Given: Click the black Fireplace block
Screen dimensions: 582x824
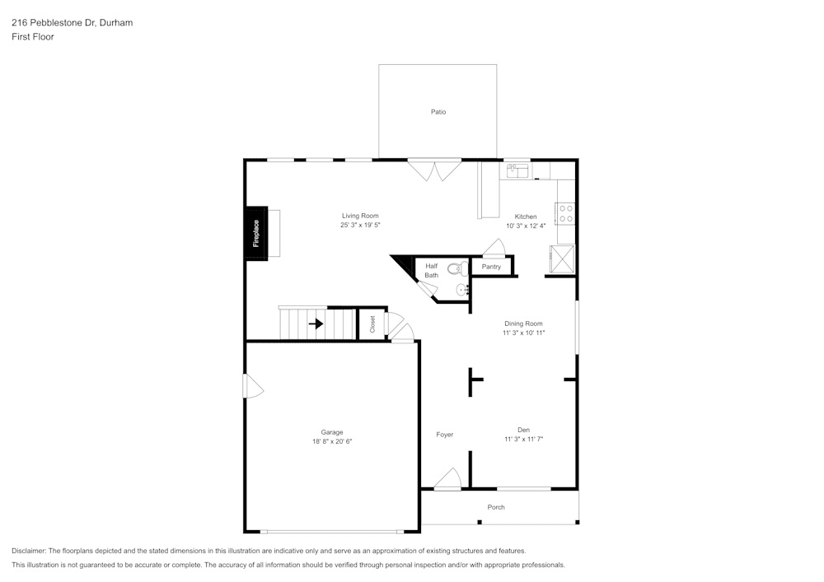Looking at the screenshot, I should coord(255,233).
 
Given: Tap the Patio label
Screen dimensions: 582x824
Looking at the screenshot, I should coord(438,112).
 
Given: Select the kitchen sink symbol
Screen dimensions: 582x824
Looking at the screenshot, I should coord(517,170).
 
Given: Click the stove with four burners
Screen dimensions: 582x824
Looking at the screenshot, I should coord(566,213).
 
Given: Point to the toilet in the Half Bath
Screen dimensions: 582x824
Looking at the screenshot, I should coord(456,268).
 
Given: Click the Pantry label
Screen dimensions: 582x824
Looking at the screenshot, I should coord(491,267).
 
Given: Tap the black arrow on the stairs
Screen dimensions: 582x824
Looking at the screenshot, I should coord(316,324).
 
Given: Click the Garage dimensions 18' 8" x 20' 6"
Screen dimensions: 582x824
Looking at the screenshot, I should coord(332,442).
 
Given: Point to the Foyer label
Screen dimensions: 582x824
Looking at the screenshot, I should coord(445,435).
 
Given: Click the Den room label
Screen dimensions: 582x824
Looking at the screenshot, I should coord(523,429).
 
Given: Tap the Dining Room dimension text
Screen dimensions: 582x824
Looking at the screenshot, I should coord(524,333).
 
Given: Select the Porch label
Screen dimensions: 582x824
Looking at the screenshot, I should coord(496,507).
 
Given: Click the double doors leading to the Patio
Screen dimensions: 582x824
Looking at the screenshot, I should coord(436,170).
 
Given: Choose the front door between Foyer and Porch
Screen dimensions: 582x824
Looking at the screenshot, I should coord(447,481).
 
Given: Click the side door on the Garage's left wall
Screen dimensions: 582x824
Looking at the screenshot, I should coord(252,387).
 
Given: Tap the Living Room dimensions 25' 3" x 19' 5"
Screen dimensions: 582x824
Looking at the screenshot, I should coord(360,225).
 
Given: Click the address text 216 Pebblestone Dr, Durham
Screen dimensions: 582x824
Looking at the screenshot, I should coord(72,23).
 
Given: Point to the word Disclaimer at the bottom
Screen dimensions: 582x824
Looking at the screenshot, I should coord(29,551).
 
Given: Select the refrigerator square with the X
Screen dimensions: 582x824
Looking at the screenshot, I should coord(563,258).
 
